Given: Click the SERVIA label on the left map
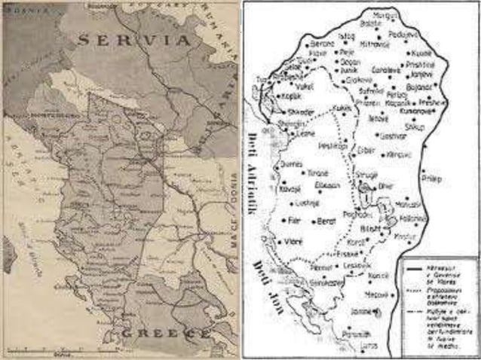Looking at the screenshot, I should click(136, 41).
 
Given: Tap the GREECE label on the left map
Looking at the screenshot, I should click(161, 332).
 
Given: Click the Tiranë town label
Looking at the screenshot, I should click(317, 172).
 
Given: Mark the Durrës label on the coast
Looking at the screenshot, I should click(290, 163).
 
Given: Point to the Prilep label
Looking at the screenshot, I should click(433, 179).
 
